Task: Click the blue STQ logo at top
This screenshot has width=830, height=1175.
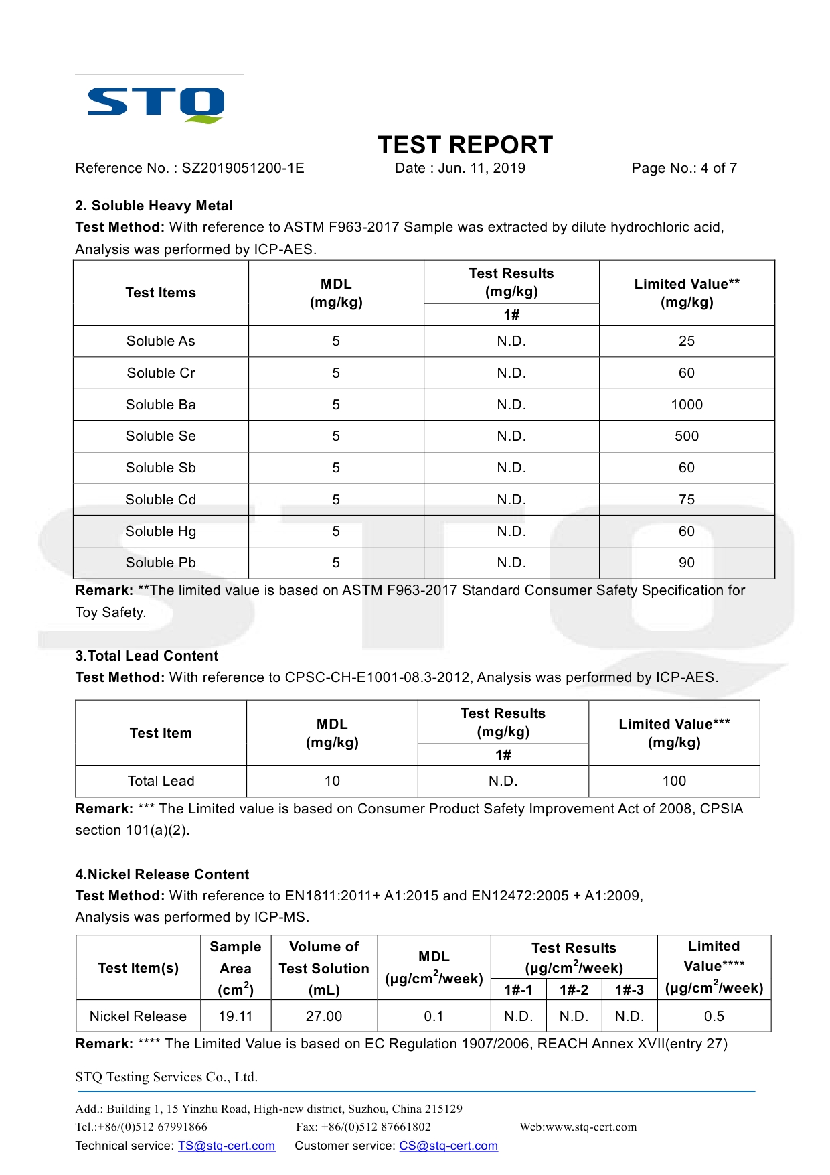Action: pos(156,104)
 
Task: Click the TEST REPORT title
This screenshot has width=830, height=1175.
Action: pos(465,145)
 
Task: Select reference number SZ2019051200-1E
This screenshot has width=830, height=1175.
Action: pos(243,168)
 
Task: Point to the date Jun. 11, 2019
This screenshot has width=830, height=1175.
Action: pos(481,168)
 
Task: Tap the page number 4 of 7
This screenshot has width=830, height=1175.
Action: pos(718,168)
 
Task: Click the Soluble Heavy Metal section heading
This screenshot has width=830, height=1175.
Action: pos(154,206)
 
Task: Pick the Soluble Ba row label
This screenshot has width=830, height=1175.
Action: pos(161,405)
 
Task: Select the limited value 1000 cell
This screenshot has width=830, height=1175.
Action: pos(687,405)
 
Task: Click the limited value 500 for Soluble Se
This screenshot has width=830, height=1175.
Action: pos(687,436)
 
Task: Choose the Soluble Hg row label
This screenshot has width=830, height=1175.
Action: pos(161,531)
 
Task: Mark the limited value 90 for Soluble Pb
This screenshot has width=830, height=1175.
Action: pos(687,563)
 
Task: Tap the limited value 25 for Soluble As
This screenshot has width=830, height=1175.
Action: pos(687,341)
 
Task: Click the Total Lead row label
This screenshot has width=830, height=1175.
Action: pos(161,781)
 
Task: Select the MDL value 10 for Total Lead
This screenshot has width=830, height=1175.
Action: pos(332,781)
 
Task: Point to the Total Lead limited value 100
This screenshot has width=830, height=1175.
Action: pos(674,781)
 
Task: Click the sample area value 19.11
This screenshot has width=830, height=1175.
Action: pos(236,1016)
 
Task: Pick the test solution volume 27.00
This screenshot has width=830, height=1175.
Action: pos(324,1016)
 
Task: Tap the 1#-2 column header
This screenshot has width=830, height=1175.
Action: pos(574,990)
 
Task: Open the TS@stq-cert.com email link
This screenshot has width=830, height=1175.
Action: pos(226,1146)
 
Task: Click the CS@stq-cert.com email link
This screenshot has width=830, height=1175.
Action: pos(448,1146)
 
